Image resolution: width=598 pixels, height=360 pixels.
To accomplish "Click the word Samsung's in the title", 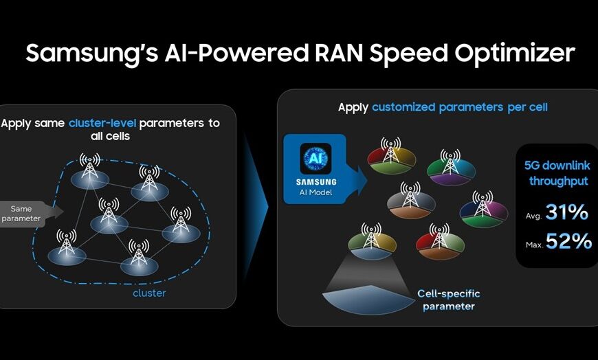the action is tap(91, 54).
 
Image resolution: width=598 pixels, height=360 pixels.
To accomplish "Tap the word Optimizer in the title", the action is tap(514, 54).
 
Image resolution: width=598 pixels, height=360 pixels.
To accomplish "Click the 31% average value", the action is tap(567, 212).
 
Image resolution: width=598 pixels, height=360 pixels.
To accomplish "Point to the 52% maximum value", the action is tap(568, 241).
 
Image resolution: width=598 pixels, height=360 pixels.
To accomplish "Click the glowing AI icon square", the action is tap(315, 159).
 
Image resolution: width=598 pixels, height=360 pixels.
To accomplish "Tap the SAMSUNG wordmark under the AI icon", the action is tap(316, 182).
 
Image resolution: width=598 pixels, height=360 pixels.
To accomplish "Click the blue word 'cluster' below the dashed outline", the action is tap(149, 293).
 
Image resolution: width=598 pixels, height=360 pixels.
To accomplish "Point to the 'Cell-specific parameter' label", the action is tap(448, 300).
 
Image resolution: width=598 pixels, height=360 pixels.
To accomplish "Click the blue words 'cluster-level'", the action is tap(102, 123).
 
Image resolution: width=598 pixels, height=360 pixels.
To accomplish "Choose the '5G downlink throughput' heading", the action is tap(557, 172).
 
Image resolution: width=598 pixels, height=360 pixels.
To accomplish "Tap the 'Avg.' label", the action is tap(533, 216).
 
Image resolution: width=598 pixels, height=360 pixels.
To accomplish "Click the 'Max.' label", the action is tap(534, 245).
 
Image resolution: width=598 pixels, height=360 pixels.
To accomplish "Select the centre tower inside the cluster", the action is tap(109, 211).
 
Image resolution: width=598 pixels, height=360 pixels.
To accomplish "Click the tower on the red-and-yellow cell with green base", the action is tap(391, 150).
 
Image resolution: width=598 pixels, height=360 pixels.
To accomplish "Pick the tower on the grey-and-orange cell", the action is tap(410, 195).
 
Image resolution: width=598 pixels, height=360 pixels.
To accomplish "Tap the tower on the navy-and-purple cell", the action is tap(483, 203).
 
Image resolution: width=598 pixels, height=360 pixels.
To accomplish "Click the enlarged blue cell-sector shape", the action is tap(368, 300).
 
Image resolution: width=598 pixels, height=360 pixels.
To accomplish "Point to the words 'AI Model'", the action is tap(315, 192).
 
